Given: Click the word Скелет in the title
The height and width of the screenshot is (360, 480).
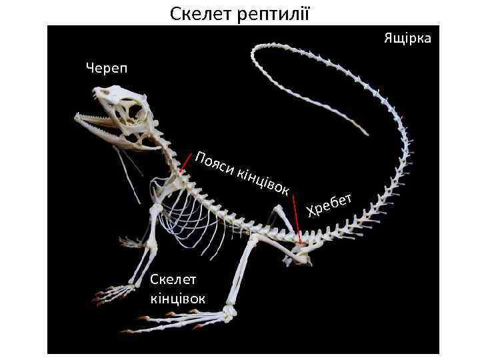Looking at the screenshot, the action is (198, 13).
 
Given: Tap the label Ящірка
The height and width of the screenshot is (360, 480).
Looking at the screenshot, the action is (407, 38).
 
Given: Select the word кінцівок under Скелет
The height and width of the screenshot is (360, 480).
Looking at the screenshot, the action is (178, 297).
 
